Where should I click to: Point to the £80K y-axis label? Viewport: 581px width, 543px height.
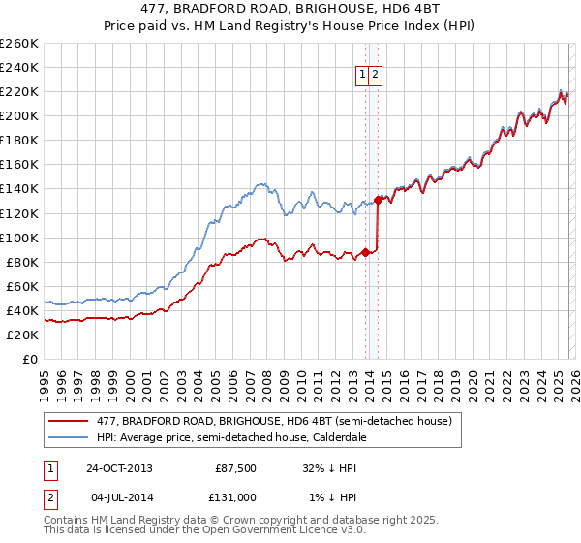22,262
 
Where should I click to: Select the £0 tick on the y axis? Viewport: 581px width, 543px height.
30,359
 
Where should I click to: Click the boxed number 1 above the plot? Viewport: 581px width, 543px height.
362,74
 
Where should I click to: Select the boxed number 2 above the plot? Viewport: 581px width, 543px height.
376,74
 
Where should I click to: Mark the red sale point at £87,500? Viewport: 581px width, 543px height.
365,252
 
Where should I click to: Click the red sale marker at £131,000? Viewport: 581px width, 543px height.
378,200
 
